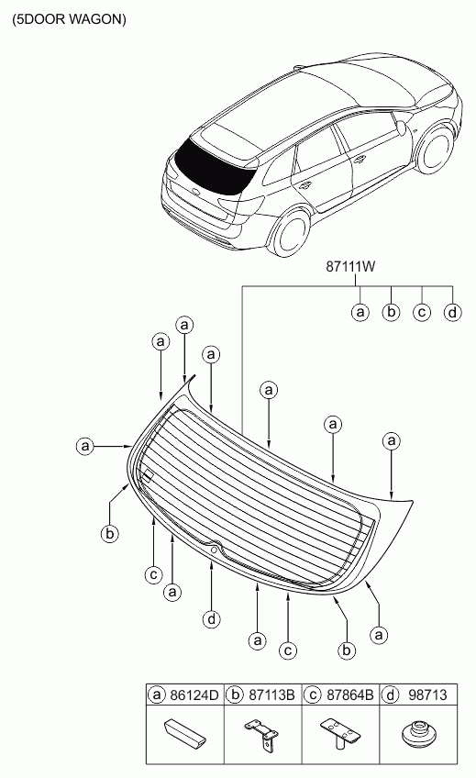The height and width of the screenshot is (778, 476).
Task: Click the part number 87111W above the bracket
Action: (x=350, y=266)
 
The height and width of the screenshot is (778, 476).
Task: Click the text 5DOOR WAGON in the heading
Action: (x=70, y=19)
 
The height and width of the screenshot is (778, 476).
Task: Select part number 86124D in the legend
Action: (x=194, y=695)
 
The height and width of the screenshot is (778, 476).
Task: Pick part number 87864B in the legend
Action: (x=350, y=695)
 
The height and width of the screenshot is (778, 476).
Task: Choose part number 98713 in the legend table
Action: (x=427, y=695)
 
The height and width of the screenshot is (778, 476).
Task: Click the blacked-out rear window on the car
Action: (x=215, y=167)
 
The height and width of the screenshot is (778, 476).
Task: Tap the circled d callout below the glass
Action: (x=212, y=618)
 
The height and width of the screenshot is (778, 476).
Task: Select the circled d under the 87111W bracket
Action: (x=452, y=312)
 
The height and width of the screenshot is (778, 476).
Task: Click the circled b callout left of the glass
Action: (x=109, y=534)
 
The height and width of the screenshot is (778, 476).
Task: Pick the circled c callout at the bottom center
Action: (x=288, y=650)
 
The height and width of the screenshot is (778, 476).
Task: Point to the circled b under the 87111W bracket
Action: (x=392, y=312)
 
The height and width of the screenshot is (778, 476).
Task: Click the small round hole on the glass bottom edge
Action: (x=214, y=550)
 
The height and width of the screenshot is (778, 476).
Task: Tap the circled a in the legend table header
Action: (x=157, y=695)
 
